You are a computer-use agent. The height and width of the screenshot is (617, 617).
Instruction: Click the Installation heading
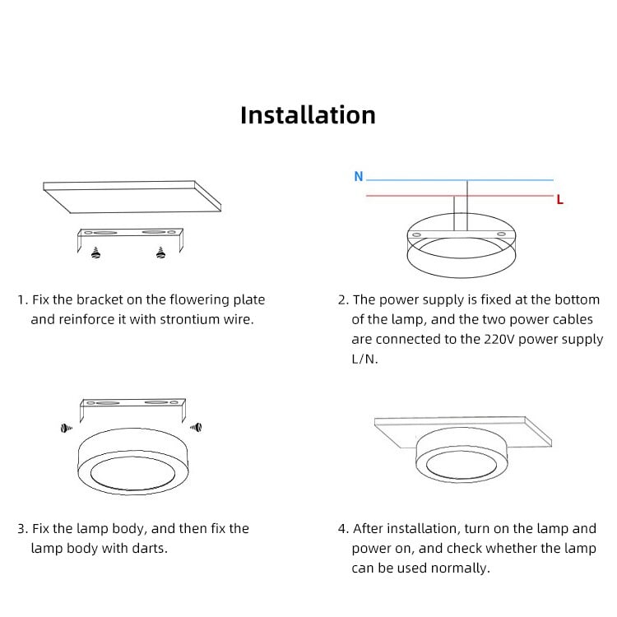308,115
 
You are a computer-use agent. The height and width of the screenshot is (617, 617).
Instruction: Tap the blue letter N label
358,176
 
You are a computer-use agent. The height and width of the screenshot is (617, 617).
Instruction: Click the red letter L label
560,199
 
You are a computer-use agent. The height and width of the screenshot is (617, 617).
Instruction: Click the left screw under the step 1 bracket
97,253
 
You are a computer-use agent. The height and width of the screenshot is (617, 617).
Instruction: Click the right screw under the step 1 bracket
160,253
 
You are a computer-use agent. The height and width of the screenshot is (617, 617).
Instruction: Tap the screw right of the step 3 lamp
196,426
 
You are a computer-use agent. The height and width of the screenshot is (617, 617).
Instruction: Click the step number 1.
21,300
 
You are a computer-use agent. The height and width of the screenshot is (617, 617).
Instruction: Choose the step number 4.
342,528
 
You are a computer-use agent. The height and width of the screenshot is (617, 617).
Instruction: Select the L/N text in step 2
364,360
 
